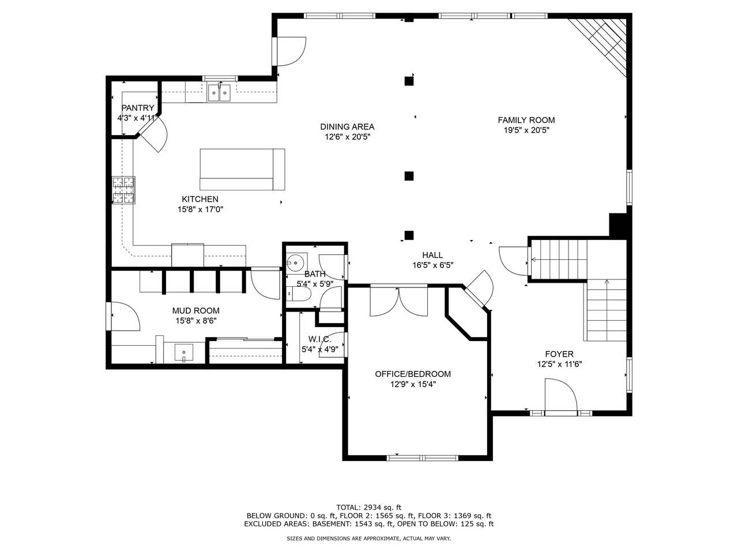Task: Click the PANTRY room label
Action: [138, 108]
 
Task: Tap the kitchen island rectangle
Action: [242, 169]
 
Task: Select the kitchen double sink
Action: [219, 92]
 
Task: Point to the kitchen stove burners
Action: [124, 190]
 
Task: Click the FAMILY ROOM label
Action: [526, 120]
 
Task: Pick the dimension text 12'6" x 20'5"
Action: [347, 137]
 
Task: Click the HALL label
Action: [432, 255]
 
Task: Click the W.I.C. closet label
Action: [319, 339]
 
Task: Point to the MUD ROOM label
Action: [196, 311]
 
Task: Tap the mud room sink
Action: [184, 351]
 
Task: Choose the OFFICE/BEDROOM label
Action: [413, 374]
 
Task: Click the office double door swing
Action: [398, 300]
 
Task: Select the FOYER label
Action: [559, 354]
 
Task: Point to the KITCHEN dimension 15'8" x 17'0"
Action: [200, 209]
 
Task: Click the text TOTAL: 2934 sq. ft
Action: [369, 507]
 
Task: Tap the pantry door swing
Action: [153, 136]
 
